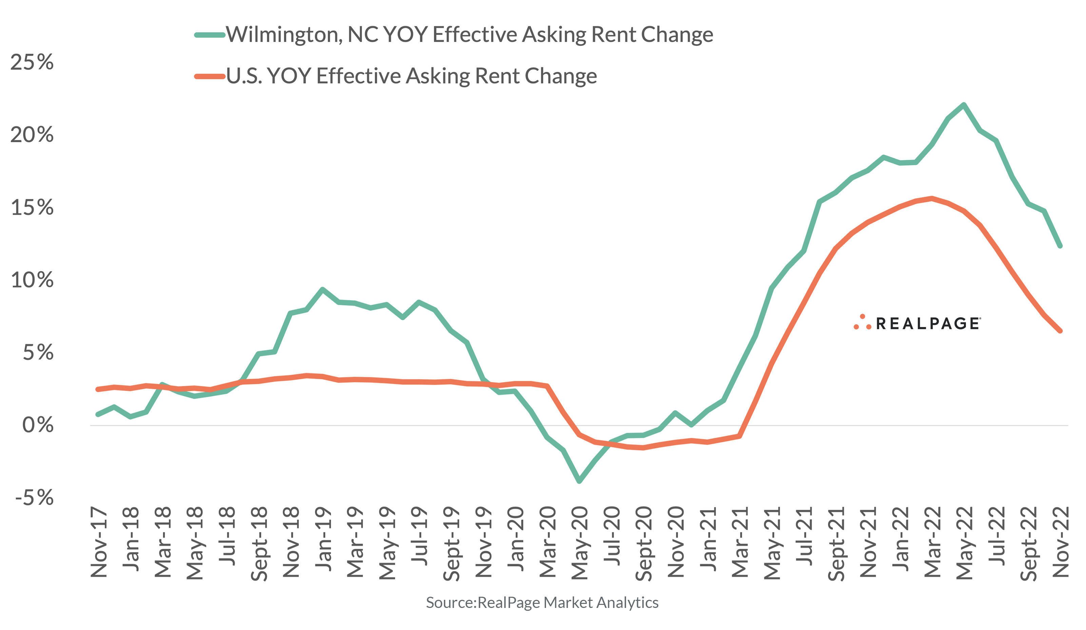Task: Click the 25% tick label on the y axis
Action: [x=32, y=62]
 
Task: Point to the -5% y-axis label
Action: [x=35, y=498]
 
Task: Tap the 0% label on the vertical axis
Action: [x=38, y=425]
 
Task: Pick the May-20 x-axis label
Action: [x=580, y=543]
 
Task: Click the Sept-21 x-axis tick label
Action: [x=836, y=544]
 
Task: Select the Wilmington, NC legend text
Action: [x=469, y=35]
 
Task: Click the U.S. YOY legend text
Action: [x=411, y=76]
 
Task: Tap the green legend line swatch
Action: [x=210, y=35]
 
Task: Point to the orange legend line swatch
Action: [x=210, y=76]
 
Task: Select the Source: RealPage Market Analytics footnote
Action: [x=542, y=603]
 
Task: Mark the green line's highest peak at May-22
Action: [x=964, y=105]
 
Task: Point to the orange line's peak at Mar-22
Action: [x=932, y=198]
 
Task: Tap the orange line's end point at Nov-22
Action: [x=1060, y=331]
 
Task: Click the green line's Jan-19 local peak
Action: [x=322, y=289]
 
